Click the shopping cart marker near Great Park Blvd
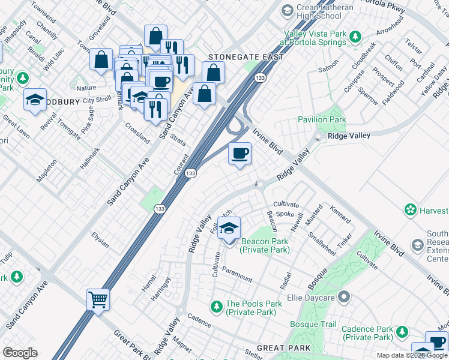click(98, 299)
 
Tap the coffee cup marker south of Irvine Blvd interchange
click(240, 154)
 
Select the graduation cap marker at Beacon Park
click(229, 229)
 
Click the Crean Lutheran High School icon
click(288, 10)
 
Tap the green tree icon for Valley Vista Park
click(355, 37)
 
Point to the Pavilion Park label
click(322, 119)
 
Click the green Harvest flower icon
click(411, 210)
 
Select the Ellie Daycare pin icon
click(343, 296)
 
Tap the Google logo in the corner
click(20, 352)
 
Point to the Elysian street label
click(100, 240)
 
